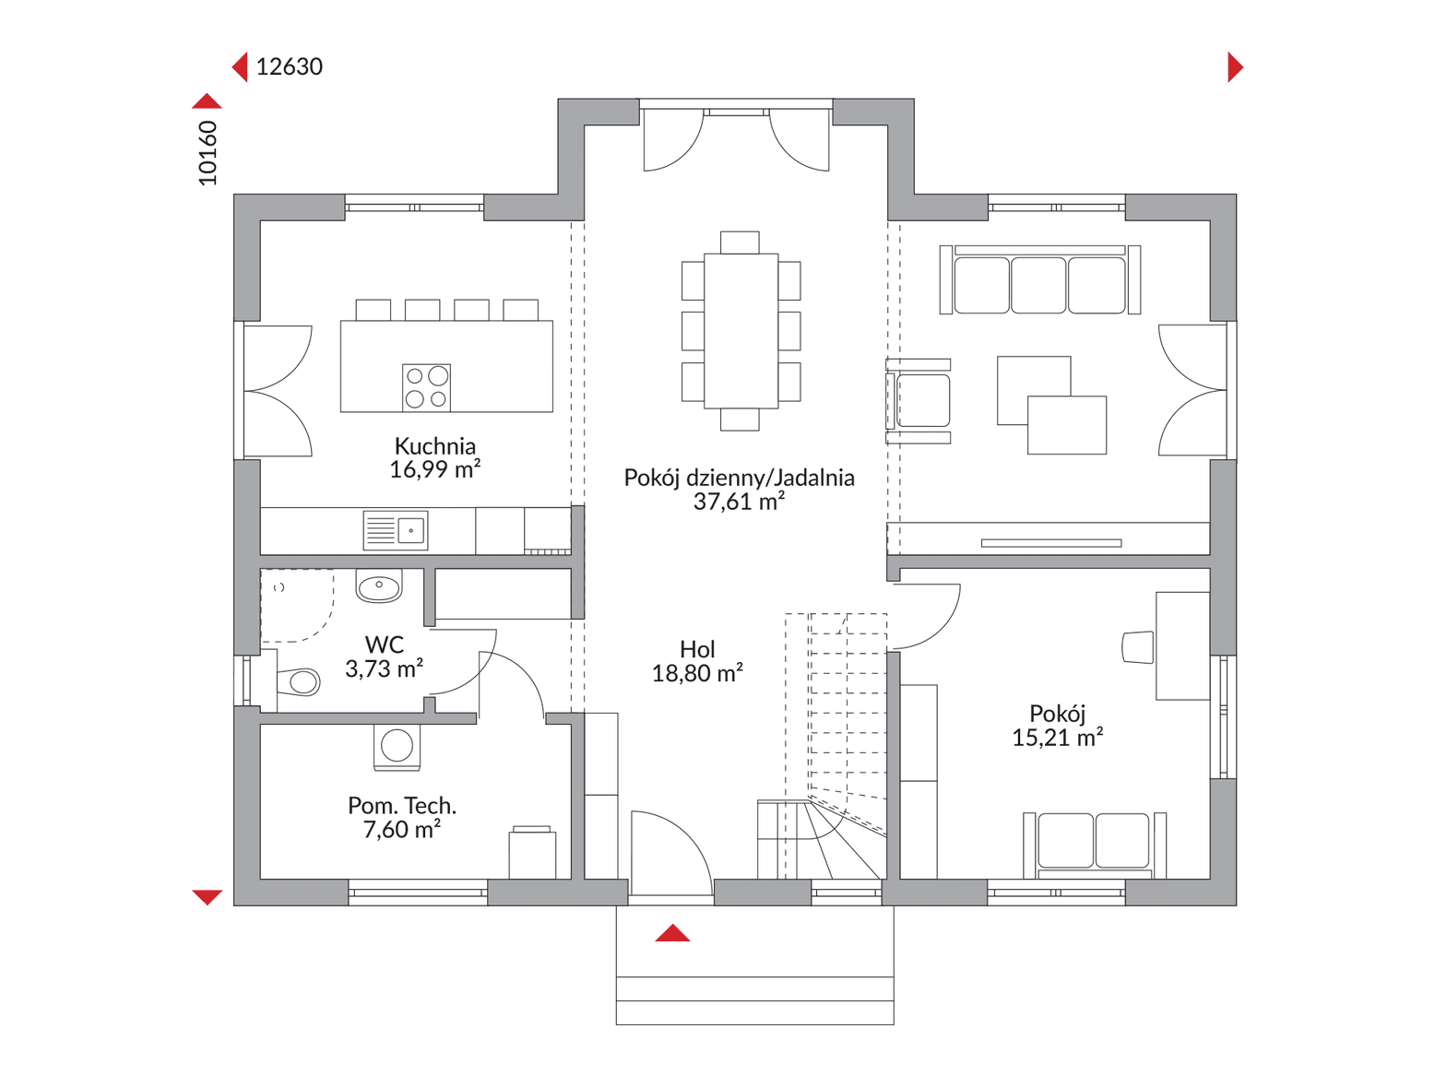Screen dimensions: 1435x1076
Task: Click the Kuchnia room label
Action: coord(434,446)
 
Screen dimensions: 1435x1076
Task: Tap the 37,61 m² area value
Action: coord(739,501)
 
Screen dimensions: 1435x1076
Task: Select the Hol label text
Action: coord(697,649)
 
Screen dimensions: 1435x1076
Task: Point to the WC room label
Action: coord(385,644)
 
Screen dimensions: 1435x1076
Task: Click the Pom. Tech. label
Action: coord(401,806)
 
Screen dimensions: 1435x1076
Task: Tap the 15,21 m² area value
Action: coord(1057,738)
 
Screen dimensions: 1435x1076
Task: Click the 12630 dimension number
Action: coord(289,66)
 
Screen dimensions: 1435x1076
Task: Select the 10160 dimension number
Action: coord(208,153)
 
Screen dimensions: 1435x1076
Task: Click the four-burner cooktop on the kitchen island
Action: coord(426,387)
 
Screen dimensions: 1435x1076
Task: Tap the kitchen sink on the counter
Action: coord(396,530)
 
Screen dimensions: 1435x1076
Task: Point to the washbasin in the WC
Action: coord(379,585)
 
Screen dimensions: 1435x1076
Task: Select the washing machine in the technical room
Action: coord(397,748)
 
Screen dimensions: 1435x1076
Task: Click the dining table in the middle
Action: coord(741,331)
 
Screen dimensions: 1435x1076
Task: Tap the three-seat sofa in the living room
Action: coord(1040,279)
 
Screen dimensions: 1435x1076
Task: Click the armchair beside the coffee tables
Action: coord(918,400)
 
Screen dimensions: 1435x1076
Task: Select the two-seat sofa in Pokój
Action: coord(1095,845)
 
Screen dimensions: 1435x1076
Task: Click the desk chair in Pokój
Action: coord(1137,646)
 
